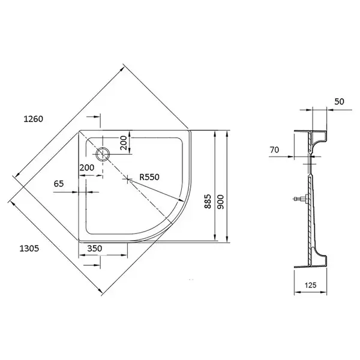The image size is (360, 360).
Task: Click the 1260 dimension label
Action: (33, 119)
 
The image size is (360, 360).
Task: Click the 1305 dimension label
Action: (29, 248)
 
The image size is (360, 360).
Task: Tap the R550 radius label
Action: (149, 177)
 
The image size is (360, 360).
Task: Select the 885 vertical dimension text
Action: (208, 202)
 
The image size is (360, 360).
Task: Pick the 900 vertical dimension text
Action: (220, 202)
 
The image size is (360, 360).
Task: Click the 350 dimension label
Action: (95, 248)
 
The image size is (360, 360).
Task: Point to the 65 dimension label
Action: (59, 184)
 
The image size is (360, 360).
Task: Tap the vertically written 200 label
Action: (124, 143)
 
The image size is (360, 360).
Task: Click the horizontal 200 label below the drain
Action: (87, 167)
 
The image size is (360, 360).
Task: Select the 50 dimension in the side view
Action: (339, 101)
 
